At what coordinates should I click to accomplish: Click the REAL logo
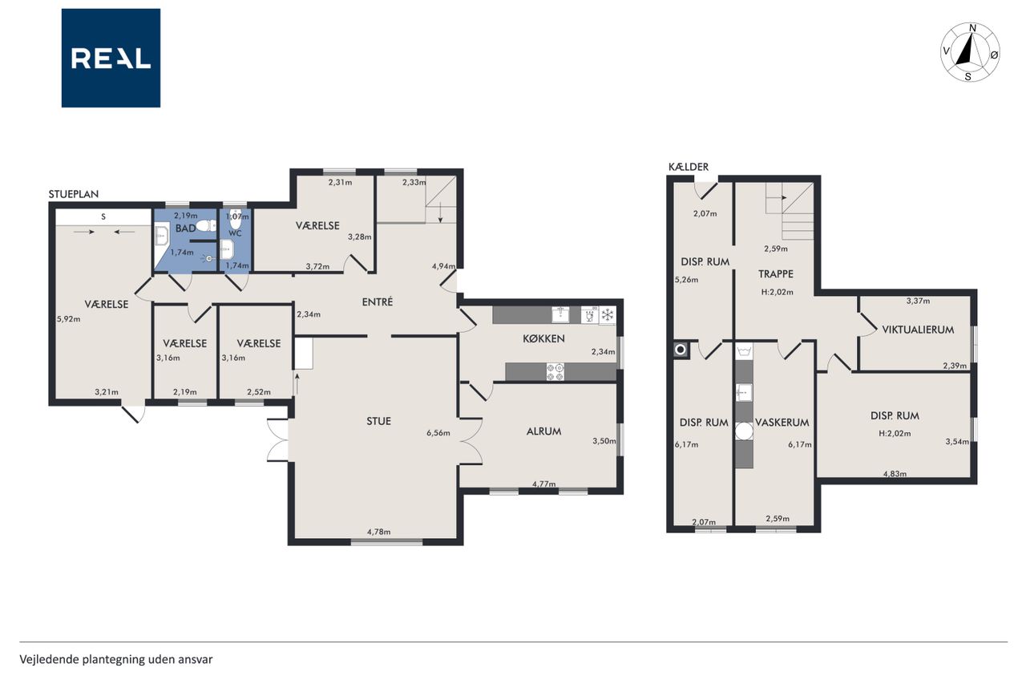click(111, 59)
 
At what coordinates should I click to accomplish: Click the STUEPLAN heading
click(74, 194)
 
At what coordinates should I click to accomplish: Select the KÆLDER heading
click(689, 167)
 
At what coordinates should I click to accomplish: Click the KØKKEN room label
click(543, 338)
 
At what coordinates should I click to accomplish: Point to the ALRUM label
click(543, 431)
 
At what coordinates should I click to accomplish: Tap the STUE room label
click(379, 421)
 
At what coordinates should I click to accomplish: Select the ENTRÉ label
click(378, 302)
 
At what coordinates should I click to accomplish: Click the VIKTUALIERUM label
click(918, 330)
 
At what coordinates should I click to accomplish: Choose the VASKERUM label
click(782, 423)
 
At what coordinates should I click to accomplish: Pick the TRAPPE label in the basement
click(775, 274)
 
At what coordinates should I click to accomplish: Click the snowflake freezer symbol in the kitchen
click(608, 315)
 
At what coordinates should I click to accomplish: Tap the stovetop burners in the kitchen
click(555, 372)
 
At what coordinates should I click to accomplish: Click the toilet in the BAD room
click(206, 225)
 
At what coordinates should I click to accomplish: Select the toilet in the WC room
click(236, 221)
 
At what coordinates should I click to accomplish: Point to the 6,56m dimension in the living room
click(438, 433)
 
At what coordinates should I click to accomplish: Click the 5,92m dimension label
click(69, 319)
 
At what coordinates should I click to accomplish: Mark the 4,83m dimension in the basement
click(895, 474)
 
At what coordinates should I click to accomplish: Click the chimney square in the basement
click(681, 350)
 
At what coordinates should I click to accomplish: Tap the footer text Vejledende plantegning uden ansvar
click(116, 660)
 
